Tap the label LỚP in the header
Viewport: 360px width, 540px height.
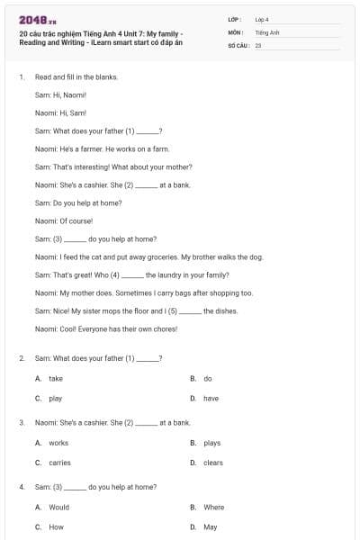pyautogui.click(x=235, y=19)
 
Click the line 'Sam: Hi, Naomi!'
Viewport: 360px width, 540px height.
pyautogui.click(x=59, y=94)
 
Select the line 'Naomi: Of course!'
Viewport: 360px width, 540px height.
pyautogui.click(x=64, y=220)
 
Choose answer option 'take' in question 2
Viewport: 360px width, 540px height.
pyautogui.click(x=56, y=379)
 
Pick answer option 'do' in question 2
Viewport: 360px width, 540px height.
pyautogui.click(x=208, y=379)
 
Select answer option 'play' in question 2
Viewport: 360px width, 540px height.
pyautogui.click(x=56, y=398)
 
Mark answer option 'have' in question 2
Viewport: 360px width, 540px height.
pyautogui.click(x=211, y=398)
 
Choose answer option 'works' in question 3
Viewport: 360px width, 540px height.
pyautogui.click(x=58, y=443)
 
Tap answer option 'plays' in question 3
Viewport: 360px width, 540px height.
pyautogui.click(x=211, y=443)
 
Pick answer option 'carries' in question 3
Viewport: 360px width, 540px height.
pyautogui.click(x=59, y=463)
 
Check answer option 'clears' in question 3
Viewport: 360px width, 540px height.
pyautogui.click(x=212, y=463)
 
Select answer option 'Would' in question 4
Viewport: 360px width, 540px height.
pyautogui.click(x=58, y=508)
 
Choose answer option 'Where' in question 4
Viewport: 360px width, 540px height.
pyautogui.click(x=213, y=508)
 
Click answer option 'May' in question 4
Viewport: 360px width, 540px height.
pyautogui.click(x=210, y=527)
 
